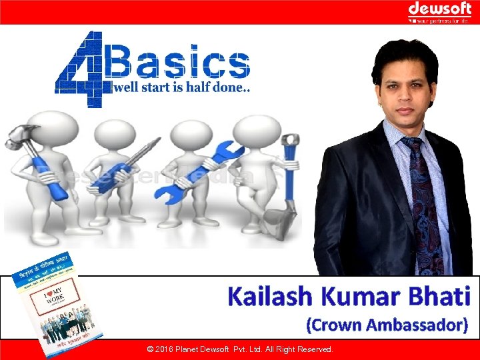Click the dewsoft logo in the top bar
click(439, 8)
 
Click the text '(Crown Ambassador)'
click(387, 325)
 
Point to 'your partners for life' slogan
click(442, 20)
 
